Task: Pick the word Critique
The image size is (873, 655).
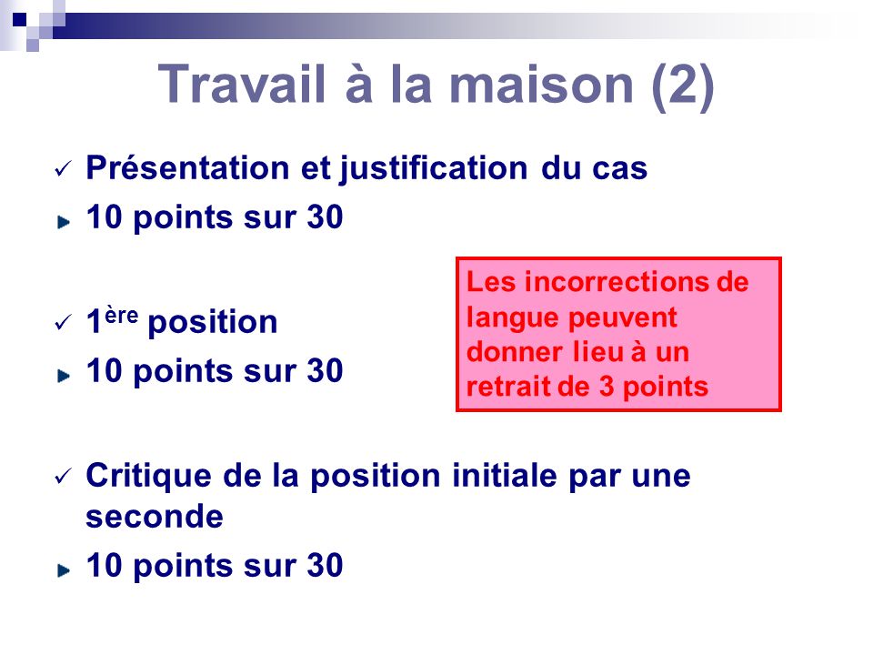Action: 139,475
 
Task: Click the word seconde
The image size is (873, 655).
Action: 154,517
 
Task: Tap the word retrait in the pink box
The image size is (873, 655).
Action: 504,387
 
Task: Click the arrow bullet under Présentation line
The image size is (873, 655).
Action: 63,221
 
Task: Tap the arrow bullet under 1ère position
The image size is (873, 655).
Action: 63,373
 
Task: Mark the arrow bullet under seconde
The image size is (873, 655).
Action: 63,569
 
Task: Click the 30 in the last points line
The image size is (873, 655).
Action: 325,566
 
